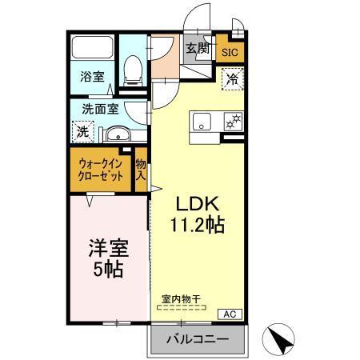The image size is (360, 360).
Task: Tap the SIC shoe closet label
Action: point(230,53)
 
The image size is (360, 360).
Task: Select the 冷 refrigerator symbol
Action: point(232,78)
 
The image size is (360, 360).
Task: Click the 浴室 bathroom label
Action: point(91,77)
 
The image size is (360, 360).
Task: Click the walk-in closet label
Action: point(101,170)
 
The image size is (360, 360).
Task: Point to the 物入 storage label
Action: point(140,169)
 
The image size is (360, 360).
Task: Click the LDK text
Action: point(194,202)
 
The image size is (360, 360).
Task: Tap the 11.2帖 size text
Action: point(196,225)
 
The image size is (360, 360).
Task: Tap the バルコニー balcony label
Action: point(197,340)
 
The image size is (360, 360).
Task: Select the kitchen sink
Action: point(201,122)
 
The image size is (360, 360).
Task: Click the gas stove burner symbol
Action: point(234,122)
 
